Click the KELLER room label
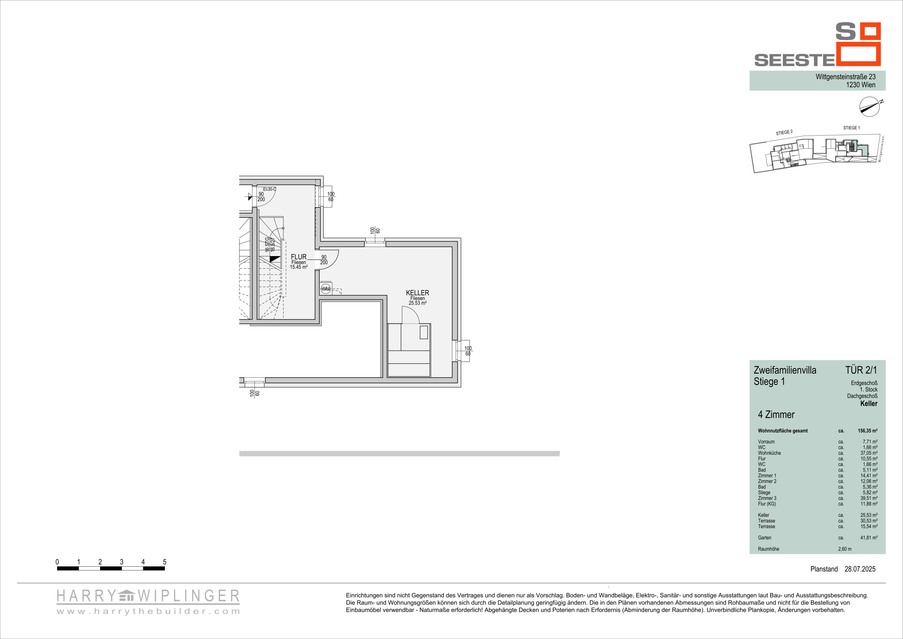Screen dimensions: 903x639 417,293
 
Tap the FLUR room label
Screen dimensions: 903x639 299,257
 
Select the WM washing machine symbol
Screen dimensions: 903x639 326,289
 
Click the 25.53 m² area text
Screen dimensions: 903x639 417,303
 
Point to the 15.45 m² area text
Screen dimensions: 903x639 299,267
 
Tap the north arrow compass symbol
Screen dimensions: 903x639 869,107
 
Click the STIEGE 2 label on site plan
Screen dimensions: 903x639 784,133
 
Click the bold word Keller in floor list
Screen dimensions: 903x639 869,403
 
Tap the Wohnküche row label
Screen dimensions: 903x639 769,453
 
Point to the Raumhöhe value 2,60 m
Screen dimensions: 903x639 845,549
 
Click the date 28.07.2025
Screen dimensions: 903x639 860,569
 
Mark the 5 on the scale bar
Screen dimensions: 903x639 164,562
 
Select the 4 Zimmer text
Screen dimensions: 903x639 776,415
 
